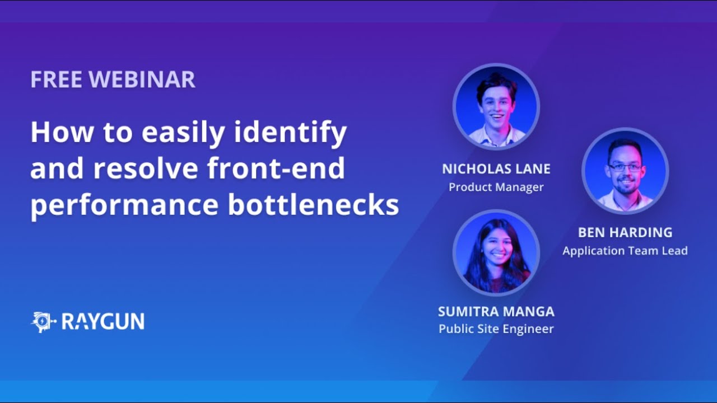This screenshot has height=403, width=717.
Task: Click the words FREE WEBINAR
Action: pyautogui.click(x=113, y=79)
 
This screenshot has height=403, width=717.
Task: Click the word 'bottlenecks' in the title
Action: pyautogui.click(x=313, y=205)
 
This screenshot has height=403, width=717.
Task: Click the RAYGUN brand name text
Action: pyautogui.click(x=103, y=322)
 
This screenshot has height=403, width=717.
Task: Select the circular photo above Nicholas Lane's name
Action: pyautogui.click(x=496, y=106)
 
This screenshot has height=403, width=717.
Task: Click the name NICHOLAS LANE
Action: pyautogui.click(x=496, y=169)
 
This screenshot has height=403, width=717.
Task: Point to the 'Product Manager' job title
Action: pyautogui.click(x=496, y=187)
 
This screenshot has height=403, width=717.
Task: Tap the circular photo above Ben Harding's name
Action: pyautogui.click(x=625, y=171)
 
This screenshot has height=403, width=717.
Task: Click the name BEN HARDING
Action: pyautogui.click(x=625, y=232)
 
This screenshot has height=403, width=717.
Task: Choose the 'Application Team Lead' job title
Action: pyautogui.click(x=625, y=251)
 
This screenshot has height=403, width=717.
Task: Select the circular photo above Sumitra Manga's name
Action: pyautogui.click(x=496, y=253)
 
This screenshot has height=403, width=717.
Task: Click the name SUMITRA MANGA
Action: pyautogui.click(x=496, y=311)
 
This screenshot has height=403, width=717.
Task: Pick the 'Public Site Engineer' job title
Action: pyautogui.click(x=496, y=329)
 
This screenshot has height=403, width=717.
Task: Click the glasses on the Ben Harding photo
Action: pyautogui.click(x=625, y=167)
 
